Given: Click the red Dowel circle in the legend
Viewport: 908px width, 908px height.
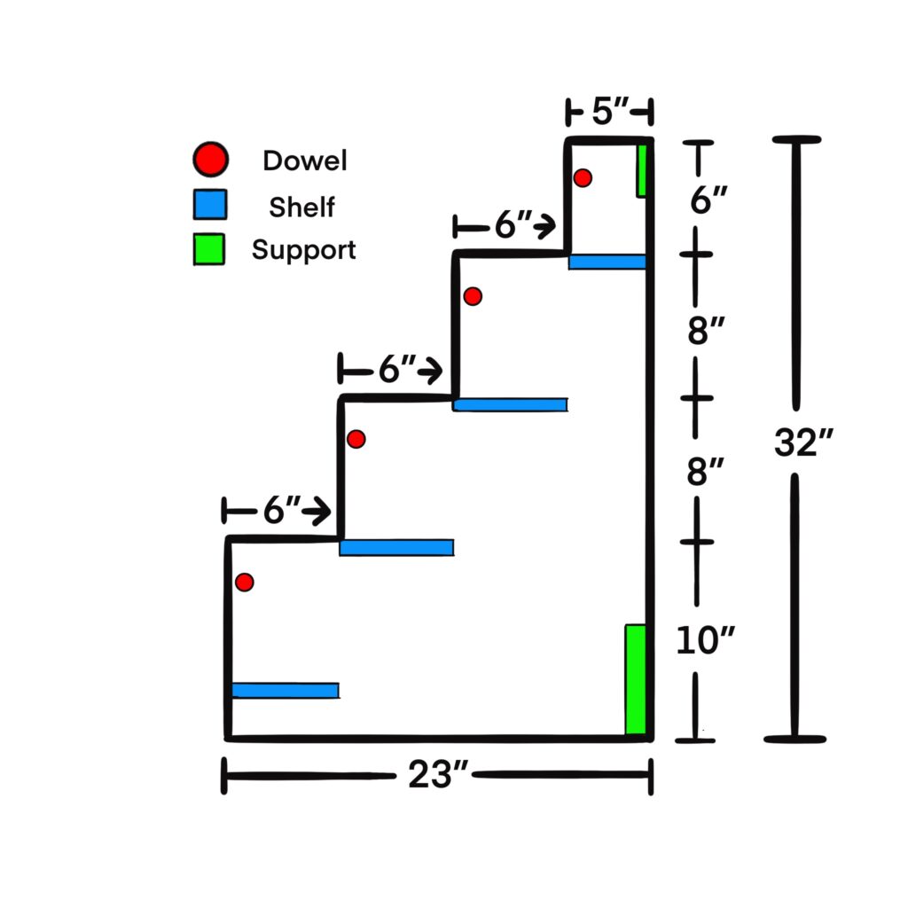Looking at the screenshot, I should tap(210, 160).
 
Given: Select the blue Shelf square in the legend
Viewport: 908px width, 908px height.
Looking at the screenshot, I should tap(210, 206).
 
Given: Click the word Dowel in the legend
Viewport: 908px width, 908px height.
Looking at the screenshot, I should tap(304, 160).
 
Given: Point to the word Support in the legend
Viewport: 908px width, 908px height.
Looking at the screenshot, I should tap(303, 250).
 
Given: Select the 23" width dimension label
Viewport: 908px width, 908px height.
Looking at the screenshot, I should tap(437, 777).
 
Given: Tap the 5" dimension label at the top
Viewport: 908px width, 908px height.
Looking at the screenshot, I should tap(609, 113).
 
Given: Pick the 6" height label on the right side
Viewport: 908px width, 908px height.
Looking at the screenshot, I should tap(709, 200).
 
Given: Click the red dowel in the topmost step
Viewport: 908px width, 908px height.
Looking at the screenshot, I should tap(583, 177).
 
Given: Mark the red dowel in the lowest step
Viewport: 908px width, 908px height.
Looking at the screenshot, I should tap(245, 582).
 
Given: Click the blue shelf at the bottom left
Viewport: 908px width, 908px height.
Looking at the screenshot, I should tap(285, 690).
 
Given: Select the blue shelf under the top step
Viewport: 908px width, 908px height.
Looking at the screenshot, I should tap(607, 262).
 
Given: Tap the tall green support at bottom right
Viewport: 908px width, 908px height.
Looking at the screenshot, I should tap(635, 679).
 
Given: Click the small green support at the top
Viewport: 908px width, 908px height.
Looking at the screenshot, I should tap(641, 170).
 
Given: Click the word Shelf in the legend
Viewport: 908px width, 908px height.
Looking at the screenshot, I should tap(302, 207).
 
